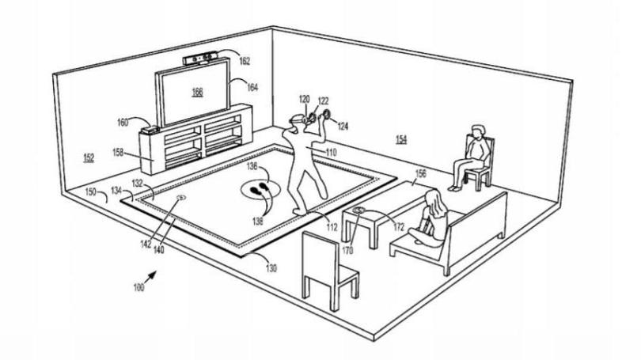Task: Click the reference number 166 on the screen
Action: tap(198, 92)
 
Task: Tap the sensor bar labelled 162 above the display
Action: tap(200, 59)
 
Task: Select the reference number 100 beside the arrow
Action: tap(139, 287)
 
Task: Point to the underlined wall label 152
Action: tap(89, 157)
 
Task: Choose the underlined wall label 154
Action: tap(401, 139)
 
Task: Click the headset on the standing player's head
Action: tap(297, 120)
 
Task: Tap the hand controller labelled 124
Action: tap(326, 114)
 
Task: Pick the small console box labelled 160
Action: tap(150, 130)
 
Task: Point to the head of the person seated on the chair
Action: tap(477, 131)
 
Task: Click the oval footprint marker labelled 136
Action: tap(260, 190)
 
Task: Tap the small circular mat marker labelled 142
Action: tap(180, 198)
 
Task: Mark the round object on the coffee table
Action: tap(359, 210)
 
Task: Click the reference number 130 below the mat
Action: tap(271, 268)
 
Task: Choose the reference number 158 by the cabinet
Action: tap(118, 153)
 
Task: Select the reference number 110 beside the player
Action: tap(331, 153)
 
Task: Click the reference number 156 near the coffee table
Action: tap(421, 172)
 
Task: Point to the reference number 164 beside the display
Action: tap(252, 87)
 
